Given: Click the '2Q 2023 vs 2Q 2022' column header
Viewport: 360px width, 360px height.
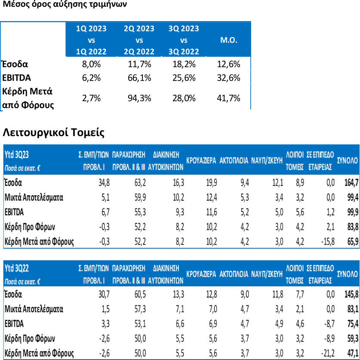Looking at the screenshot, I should click(x=139, y=40).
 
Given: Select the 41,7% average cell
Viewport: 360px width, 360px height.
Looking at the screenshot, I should click(x=228, y=98).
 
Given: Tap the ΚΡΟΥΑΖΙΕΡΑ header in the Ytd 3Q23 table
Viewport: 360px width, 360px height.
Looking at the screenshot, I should click(x=201, y=161).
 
